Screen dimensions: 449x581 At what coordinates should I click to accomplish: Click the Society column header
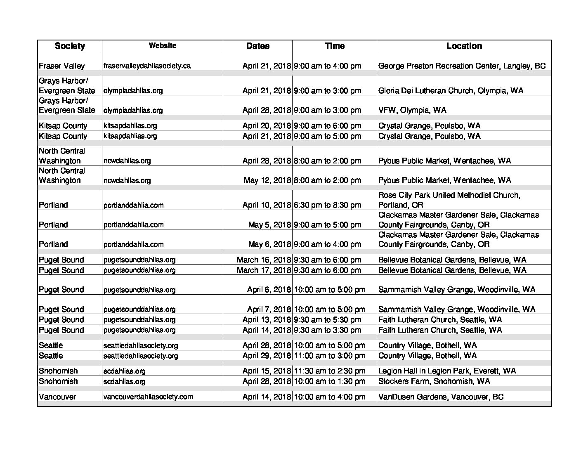(70, 46)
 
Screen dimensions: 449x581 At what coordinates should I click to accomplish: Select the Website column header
(163, 45)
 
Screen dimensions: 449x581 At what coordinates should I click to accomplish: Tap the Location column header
(464, 46)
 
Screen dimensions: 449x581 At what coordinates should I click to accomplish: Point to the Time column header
(335, 46)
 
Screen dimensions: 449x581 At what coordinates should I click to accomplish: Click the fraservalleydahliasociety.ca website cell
(147, 66)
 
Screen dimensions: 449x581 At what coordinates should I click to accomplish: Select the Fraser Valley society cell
(61, 66)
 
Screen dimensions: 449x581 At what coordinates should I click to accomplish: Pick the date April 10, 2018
(267, 205)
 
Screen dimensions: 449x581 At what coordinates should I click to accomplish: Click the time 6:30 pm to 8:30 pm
(327, 205)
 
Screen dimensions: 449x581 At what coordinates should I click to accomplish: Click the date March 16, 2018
(264, 260)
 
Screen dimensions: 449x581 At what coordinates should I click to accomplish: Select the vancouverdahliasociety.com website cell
(148, 397)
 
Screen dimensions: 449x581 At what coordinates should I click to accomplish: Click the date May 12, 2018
(267, 180)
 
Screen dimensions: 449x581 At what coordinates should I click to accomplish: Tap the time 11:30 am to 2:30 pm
(329, 371)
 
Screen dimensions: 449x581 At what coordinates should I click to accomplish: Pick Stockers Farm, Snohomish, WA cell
(434, 381)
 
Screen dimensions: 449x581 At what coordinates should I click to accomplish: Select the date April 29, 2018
(267, 356)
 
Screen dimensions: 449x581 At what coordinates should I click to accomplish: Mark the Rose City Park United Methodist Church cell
(449, 200)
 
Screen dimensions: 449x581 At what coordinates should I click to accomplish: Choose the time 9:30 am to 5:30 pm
(327, 320)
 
